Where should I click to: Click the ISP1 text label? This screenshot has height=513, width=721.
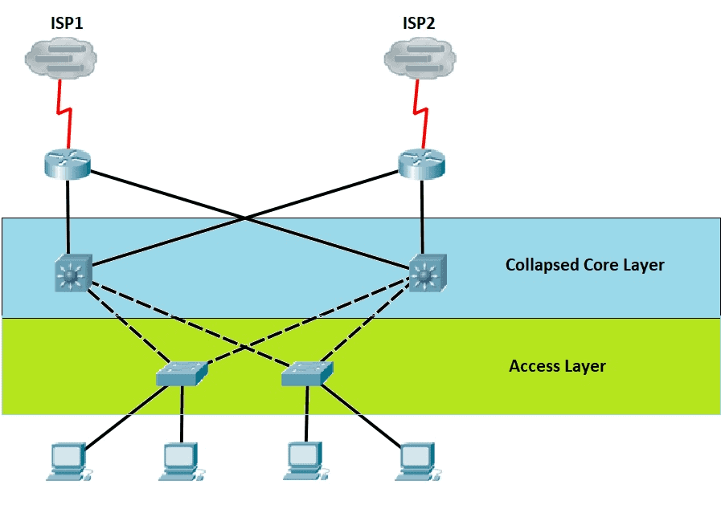(x=67, y=22)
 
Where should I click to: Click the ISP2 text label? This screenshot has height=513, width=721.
(x=419, y=22)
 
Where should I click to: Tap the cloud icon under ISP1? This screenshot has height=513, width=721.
(x=61, y=59)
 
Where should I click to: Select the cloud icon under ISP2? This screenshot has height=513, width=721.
(x=420, y=59)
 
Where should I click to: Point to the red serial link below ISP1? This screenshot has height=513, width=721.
(x=65, y=114)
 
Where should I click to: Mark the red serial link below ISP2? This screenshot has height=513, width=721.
(x=420, y=114)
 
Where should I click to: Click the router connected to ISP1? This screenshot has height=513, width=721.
(x=68, y=164)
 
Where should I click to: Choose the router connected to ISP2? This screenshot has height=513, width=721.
(x=421, y=164)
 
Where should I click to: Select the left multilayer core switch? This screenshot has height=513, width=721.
(x=73, y=273)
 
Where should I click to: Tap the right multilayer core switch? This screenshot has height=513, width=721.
(x=428, y=273)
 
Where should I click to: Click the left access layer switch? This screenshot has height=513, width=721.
(x=182, y=373)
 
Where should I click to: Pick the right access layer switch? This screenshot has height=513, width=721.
(x=307, y=373)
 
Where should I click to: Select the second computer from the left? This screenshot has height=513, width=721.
(x=182, y=462)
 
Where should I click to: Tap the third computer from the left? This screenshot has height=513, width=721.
(x=305, y=461)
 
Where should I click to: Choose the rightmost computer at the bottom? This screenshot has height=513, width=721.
(x=418, y=462)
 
